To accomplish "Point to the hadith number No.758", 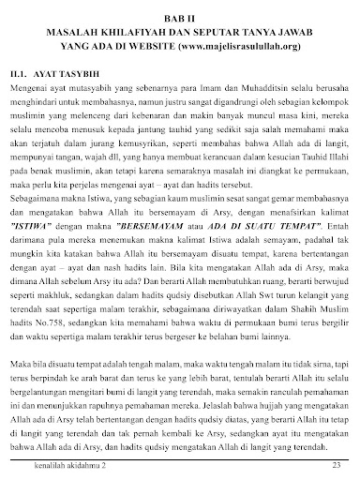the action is [x=48, y=348].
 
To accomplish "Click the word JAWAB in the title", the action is [x=325, y=32].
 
